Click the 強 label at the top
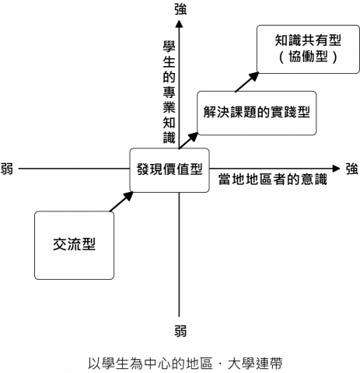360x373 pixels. click(180, 9)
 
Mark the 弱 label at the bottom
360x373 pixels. click(180, 331)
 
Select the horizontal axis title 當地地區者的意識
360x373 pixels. click(260, 181)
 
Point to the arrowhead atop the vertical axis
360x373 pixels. click(180, 25)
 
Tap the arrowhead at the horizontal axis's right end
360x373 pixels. click(335, 168)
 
